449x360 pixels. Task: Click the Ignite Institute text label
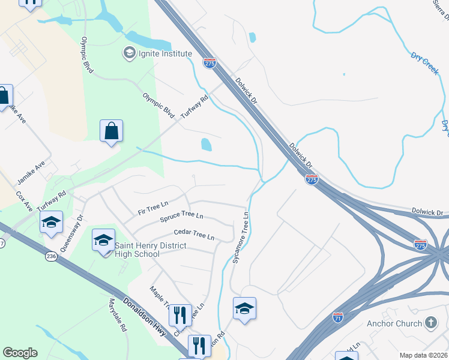(x=165, y=54)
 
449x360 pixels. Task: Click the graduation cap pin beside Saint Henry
(x=103, y=241)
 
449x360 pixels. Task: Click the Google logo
(x=20, y=353)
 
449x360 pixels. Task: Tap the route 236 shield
(x=51, y=256)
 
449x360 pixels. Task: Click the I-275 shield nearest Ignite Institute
(x=209, y=63)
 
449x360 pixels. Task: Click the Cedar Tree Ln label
(x=194, y=234)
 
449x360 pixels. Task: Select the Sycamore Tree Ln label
(x=241, y=238)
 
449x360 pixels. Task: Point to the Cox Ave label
(x=25, y=201)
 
